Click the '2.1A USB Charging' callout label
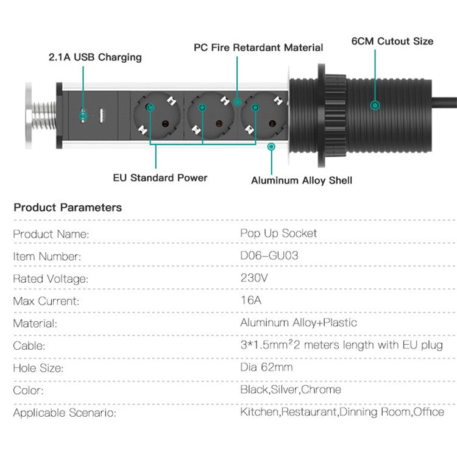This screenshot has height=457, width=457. point(95,57)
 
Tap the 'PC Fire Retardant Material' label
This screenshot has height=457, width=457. point(258,48)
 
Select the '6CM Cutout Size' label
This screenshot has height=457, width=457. point(392,41)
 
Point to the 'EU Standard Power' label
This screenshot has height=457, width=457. point(160,178)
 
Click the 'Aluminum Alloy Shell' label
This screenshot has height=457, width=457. point(302,180)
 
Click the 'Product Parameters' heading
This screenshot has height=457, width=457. point(68,208)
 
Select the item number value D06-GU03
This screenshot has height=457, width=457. point(269,255)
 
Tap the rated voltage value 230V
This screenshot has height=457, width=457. point(254,278)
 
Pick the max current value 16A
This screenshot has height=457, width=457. point(251,300)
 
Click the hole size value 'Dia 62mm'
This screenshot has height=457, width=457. point(266,367)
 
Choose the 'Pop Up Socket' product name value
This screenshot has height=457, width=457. point(278,233)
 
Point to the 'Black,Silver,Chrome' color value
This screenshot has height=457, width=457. point(291,390)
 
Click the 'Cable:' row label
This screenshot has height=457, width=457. point(29,346)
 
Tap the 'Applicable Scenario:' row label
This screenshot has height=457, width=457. point(65,413)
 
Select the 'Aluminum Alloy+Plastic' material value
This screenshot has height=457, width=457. point(299,322)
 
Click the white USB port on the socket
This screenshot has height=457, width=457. point(102,115)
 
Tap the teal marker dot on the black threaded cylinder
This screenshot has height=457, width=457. point(375,105)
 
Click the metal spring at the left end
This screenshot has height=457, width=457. point(44,116)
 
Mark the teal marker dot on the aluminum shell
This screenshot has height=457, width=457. point(271,146)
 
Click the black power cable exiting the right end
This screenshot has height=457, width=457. point(444,103)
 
